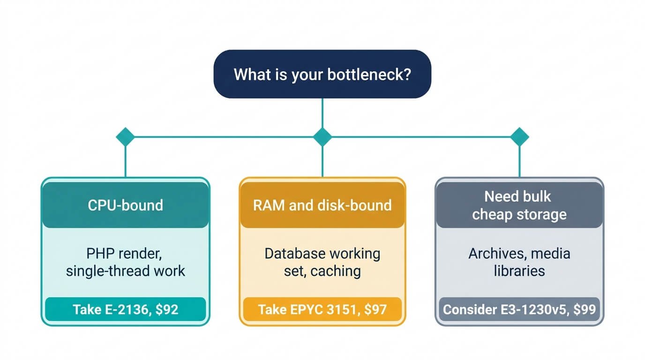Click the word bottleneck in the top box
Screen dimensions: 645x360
(369, 75)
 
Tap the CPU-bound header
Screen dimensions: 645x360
(126, 205)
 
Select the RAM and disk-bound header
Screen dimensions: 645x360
(322, 205)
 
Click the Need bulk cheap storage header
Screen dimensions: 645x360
(519, 205)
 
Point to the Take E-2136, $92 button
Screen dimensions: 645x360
(126, 309)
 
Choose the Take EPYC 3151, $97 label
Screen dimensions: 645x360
(322, 309)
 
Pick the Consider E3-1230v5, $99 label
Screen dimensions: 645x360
(519, 309)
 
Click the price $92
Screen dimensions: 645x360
(167, 309)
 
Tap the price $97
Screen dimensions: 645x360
(375, 309)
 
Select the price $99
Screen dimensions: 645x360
(585, 309)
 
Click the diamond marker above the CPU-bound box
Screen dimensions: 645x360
(125, 137)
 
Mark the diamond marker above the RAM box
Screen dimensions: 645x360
(322, 137)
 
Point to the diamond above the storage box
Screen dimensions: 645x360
(519, 137)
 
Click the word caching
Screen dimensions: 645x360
(336, 271)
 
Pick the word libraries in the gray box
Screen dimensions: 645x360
(519, 271)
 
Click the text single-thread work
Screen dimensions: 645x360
(126, 271)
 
